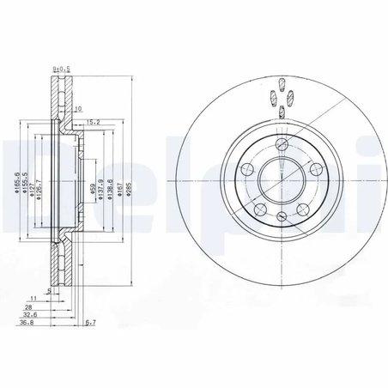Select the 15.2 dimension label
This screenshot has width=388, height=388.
coord(95,123)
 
